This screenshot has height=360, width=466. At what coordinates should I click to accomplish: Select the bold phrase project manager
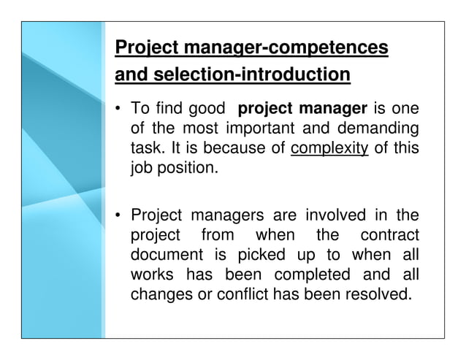[x=302, y=110]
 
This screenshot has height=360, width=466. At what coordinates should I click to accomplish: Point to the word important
[x=276, y=131]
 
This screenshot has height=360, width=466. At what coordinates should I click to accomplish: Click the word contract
[x=391, y=237]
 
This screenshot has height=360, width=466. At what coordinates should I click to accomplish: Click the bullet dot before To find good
[x=118, y=110]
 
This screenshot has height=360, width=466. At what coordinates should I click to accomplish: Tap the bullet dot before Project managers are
[x=118, y=217]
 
